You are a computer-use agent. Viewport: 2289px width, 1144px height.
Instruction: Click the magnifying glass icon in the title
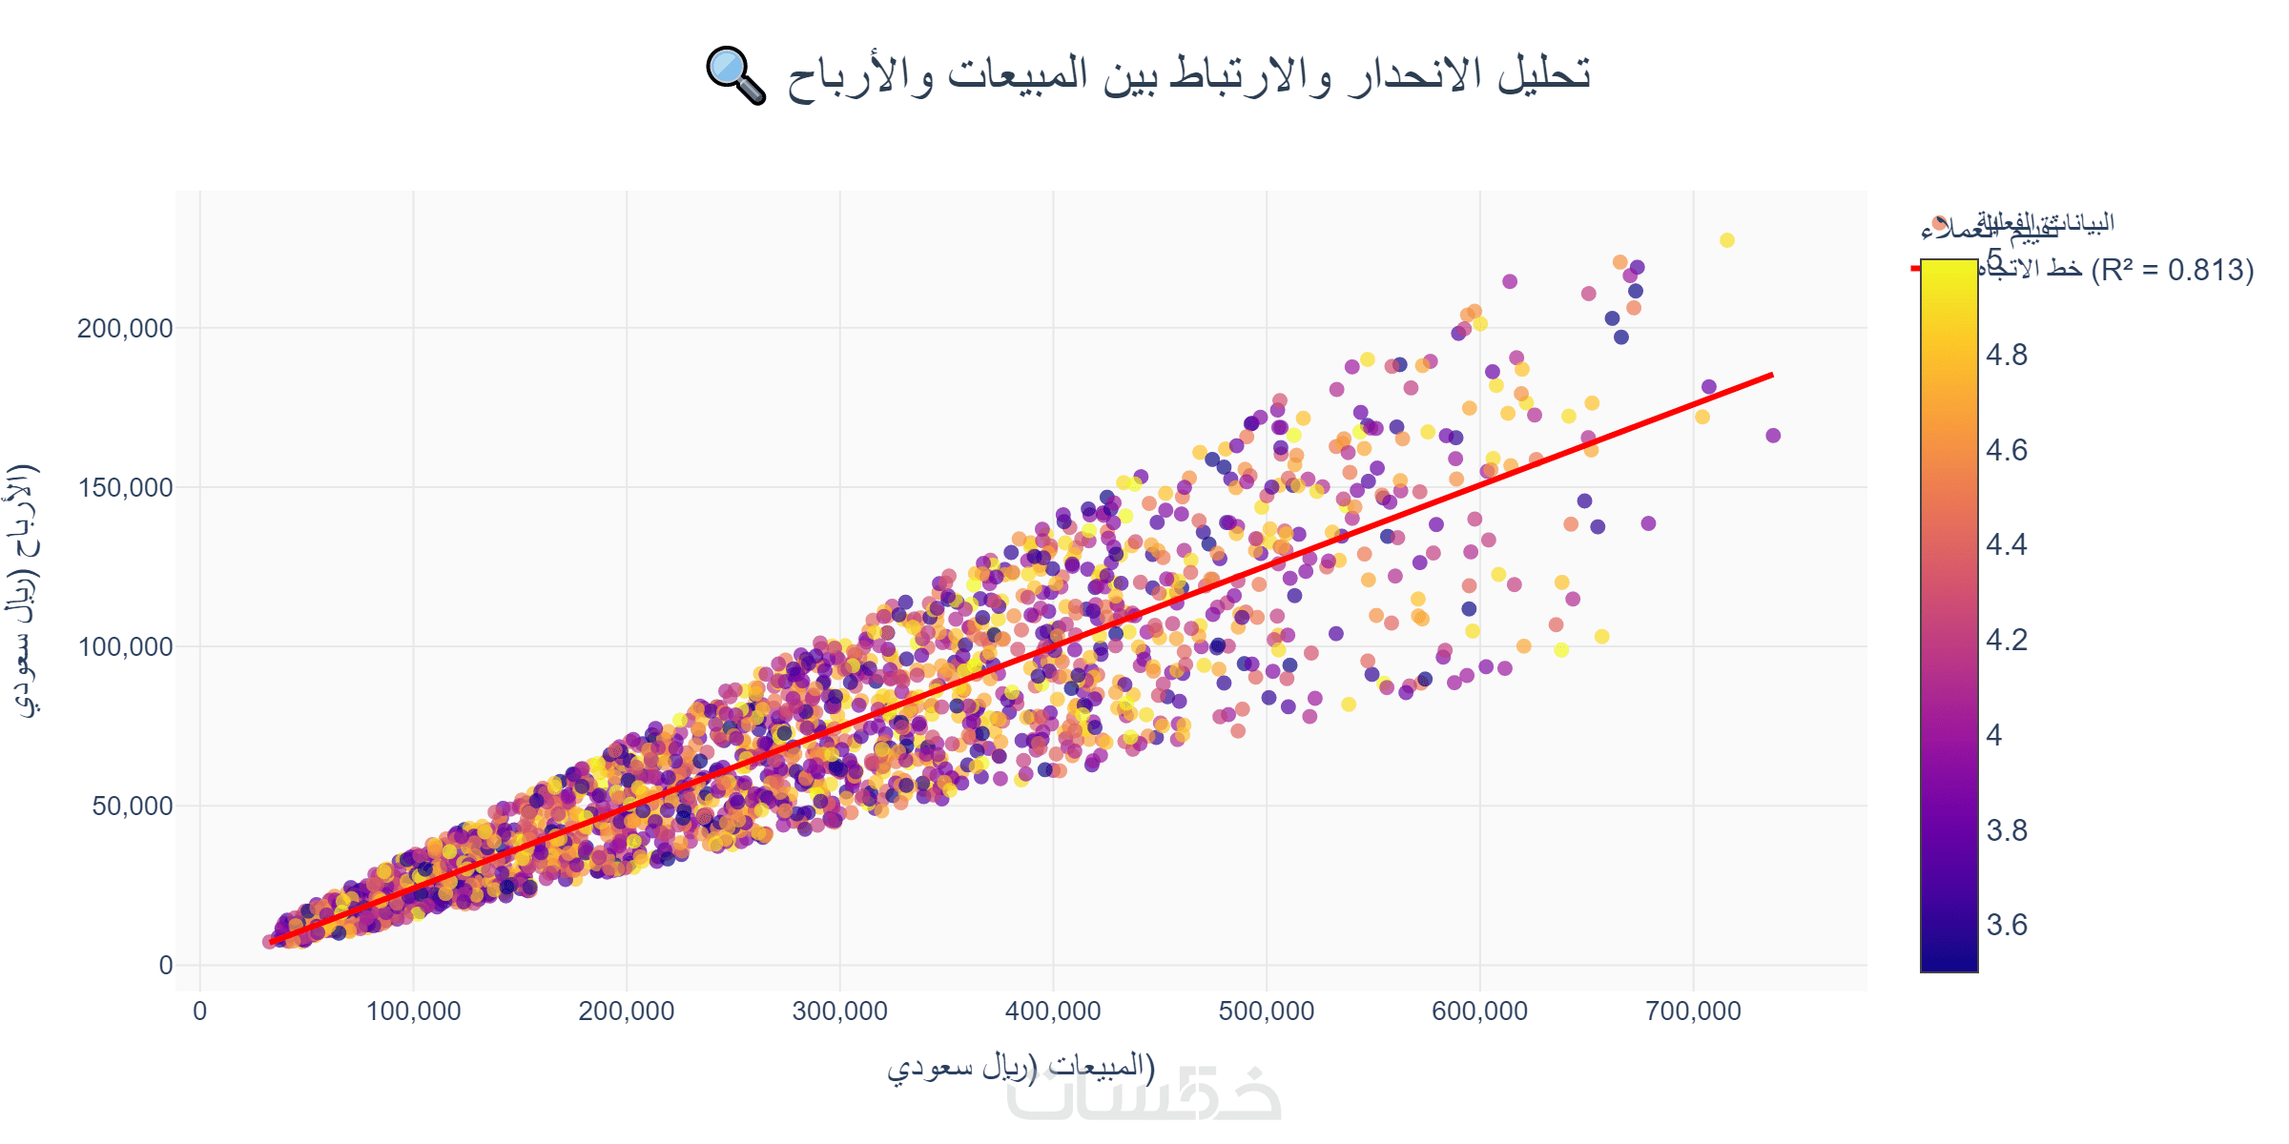click(x=735, y=75)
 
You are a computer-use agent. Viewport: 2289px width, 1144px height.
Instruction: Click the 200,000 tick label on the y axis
click(x=125, y=329)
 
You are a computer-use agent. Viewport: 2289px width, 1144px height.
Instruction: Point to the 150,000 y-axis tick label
click(x=125, y=488)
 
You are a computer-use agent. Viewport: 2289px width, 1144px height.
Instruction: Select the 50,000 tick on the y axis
click(x=133, y=807)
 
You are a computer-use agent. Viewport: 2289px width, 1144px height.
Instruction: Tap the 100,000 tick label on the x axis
click(x=413, y=1011)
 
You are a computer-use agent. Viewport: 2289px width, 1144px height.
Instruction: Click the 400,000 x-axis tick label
click(x=1053, y=1011)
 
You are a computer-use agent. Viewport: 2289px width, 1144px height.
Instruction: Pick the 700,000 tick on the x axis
click(x=1693, y=1011)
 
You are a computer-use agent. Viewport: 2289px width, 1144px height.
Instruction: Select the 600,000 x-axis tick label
click(x=1479, y=1011)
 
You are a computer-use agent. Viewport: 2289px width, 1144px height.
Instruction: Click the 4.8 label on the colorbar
click(x=2007, y=356)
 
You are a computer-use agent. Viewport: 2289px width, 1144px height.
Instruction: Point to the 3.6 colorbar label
click(x=2007, y=925)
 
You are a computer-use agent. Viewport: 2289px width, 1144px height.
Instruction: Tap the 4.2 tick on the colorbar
click(x=2007, y=640)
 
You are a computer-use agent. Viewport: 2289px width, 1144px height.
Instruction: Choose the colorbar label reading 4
click(x=1994, y=735)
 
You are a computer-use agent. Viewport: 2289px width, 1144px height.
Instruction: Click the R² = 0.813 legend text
click(x=2173, y=271)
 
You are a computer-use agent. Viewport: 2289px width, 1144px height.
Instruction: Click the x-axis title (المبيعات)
click(x=1021, y=1066)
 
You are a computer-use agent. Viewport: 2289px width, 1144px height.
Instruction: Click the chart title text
click(x=1187, y=74)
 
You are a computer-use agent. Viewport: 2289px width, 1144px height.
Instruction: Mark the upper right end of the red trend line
click(x=1771, y=376)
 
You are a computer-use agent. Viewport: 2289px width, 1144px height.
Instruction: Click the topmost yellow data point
click(x=1727, y=240)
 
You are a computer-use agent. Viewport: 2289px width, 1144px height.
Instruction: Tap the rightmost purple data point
click(x=1773, y=436)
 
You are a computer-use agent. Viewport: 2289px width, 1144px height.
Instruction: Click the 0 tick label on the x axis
click(x=199, y=1011)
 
